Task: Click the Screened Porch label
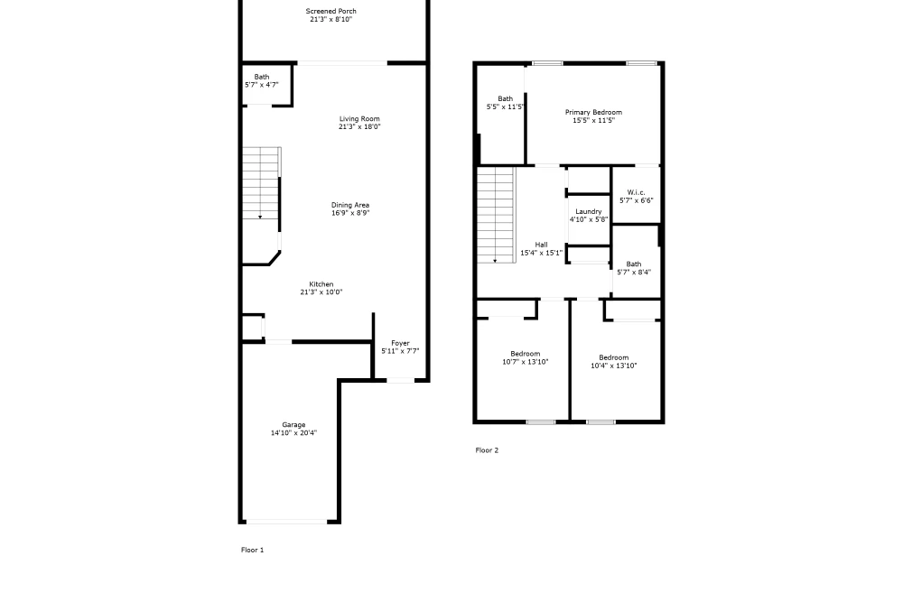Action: [330, 11]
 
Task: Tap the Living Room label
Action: [359, 118]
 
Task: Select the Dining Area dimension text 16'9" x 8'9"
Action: [350, 213]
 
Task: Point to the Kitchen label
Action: [321, 284]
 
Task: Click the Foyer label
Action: [400, 343]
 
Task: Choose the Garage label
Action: [293, 425]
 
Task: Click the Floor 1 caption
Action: [252, 550]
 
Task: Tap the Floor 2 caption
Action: [487, 450]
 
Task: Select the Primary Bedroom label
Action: [593, 112]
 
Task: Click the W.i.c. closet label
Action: [636, 192]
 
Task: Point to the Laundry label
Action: [589, 211]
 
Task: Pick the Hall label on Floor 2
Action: [541, 245]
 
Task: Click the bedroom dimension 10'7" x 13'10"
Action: [526, 362]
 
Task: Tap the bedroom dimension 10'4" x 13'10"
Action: [613, 366]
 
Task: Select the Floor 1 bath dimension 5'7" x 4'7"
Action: [262, 85]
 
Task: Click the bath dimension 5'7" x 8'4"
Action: [634, 273]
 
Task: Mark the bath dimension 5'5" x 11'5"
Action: [505, 107]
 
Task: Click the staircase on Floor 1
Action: [262, 183]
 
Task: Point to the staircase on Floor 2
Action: [496, 215]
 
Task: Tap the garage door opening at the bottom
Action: [287, 522]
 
